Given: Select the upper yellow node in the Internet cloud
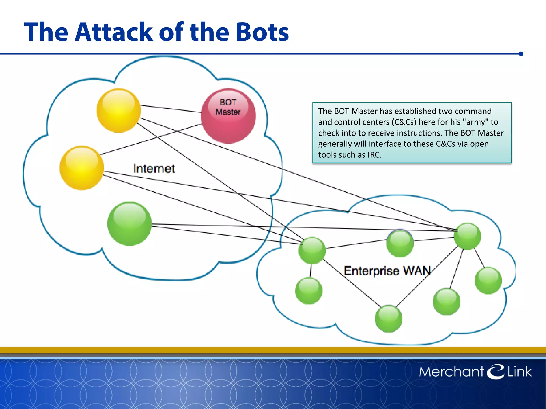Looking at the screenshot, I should coord(118,111).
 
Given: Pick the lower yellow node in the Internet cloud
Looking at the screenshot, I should coord(82,168).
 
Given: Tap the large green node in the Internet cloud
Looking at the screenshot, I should coord(130,224).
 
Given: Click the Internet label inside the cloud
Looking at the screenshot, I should coord(154,169).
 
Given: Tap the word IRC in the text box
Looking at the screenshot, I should coord(374,155).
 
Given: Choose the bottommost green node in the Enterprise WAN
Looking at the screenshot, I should coord(388,319).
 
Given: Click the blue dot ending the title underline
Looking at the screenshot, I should coord(521,54).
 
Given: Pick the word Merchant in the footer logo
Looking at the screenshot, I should coord(451,372).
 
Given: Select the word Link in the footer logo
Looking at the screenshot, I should coord(519,372).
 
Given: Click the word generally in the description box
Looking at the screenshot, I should coord(335,144).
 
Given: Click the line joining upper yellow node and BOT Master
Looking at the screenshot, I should coord(171,109).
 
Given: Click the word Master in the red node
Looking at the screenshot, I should coord(228,112).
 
